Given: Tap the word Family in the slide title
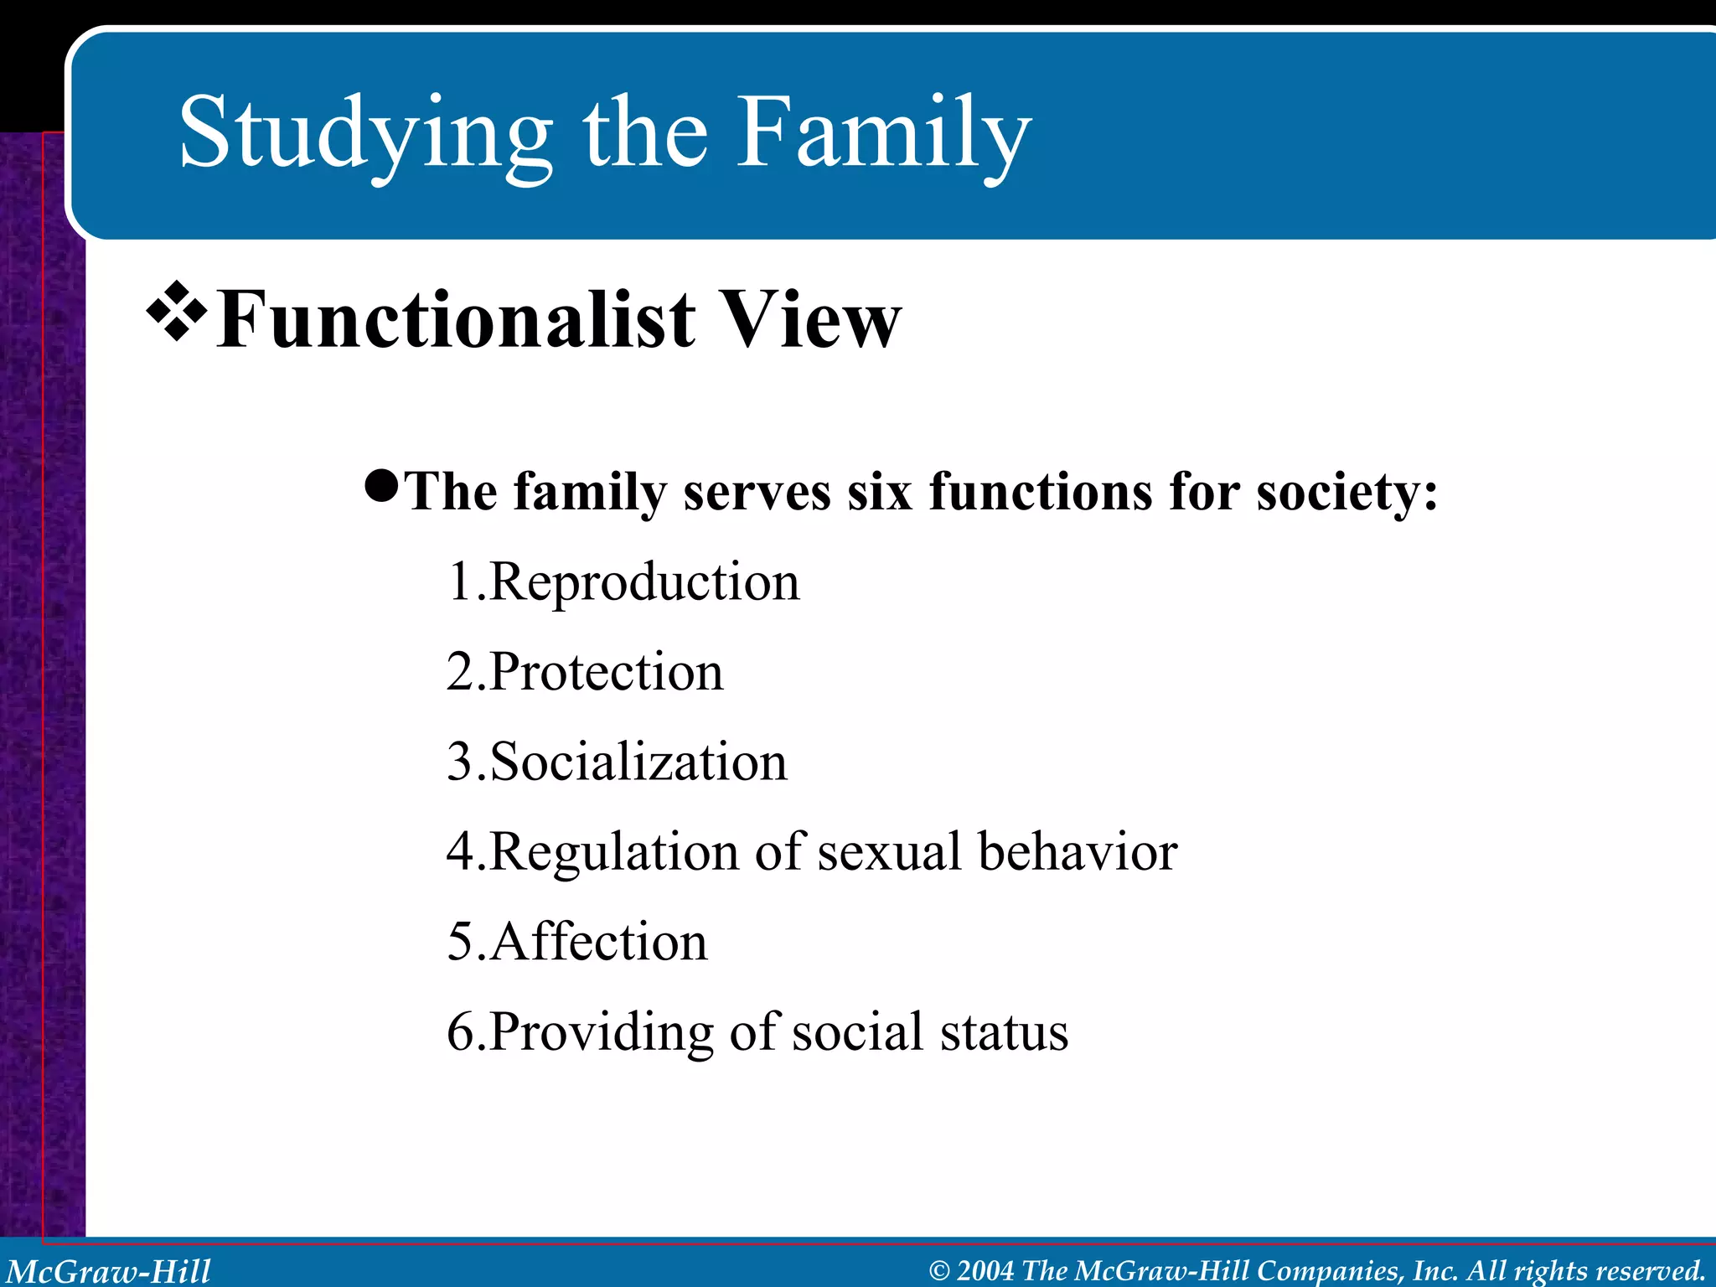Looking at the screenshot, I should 883,134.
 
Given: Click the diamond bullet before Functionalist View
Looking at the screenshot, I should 177,313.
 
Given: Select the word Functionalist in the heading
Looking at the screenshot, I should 456,320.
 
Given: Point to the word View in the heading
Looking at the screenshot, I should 811,320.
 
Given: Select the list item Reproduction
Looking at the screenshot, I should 643,581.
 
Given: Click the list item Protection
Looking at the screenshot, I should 606,672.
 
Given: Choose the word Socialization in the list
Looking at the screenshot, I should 638,762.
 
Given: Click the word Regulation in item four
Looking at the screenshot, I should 614,853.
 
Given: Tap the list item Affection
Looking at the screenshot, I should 598,942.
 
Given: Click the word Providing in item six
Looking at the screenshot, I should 601,1032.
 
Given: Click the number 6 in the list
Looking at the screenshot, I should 460,1032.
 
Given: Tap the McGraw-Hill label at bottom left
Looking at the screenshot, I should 109,1270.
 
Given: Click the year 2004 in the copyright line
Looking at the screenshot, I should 985,1270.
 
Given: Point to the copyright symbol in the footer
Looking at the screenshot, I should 939,1271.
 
